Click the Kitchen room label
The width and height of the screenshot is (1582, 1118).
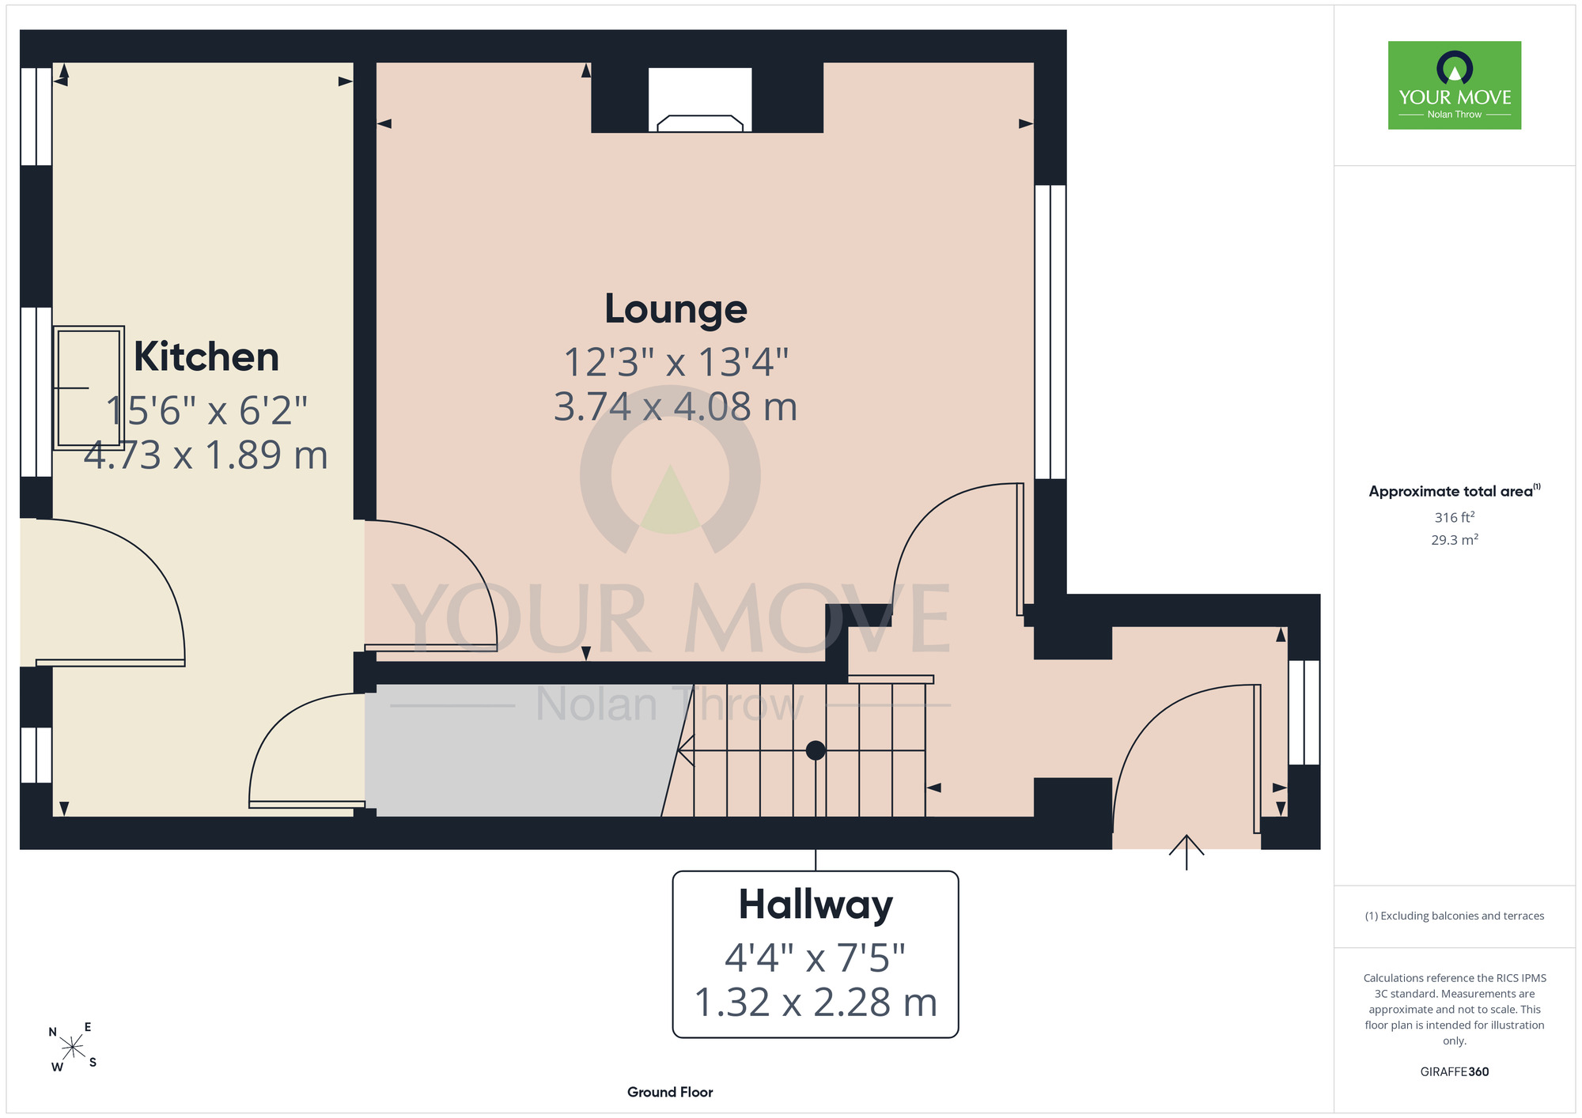[206, 357]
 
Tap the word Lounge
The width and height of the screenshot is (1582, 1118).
[676, 310]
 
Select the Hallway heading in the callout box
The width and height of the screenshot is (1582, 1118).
[816, 906]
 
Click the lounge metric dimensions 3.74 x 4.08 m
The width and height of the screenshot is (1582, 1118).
[676, 406]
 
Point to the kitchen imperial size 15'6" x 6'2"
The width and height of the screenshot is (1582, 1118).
[206, 410]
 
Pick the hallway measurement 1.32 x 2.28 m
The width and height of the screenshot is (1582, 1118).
[816, 1003]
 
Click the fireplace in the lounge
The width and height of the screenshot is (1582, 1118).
[700, 100]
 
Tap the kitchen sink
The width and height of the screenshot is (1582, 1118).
[89, 388]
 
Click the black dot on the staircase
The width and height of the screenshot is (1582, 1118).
[816, 750]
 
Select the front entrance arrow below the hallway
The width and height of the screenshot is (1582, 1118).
[1186, 852]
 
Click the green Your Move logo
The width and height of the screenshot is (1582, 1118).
[1455, 85]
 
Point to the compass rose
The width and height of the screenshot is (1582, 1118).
[73, 1048]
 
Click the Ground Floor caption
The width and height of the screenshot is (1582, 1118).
[670, 1092]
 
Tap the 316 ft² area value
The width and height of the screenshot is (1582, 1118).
[1455, 517]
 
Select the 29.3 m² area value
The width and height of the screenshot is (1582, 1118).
[1455, 539]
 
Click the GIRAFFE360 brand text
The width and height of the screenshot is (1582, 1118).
[1455, 1072]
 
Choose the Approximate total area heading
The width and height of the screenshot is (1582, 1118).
[1455, 491]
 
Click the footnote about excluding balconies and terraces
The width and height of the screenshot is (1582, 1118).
[1455, 916]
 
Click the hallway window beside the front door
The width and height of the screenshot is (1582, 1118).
[1304, 712]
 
